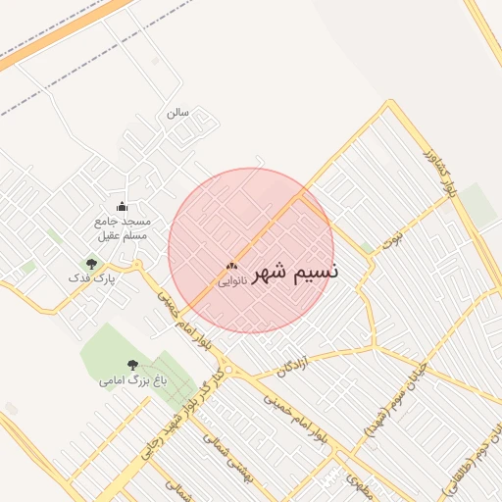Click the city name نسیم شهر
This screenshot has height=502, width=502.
(295, 272)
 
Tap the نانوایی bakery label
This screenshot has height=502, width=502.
(231, 281)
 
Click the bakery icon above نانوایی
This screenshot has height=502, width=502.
(231, 266)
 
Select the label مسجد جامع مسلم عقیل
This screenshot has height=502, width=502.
(122, 228)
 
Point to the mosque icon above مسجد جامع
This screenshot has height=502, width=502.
(122, 206)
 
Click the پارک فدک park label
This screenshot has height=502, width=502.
(91, 278)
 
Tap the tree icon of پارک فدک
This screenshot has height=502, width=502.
(91, 264)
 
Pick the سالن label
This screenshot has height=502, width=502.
(177, 113)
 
